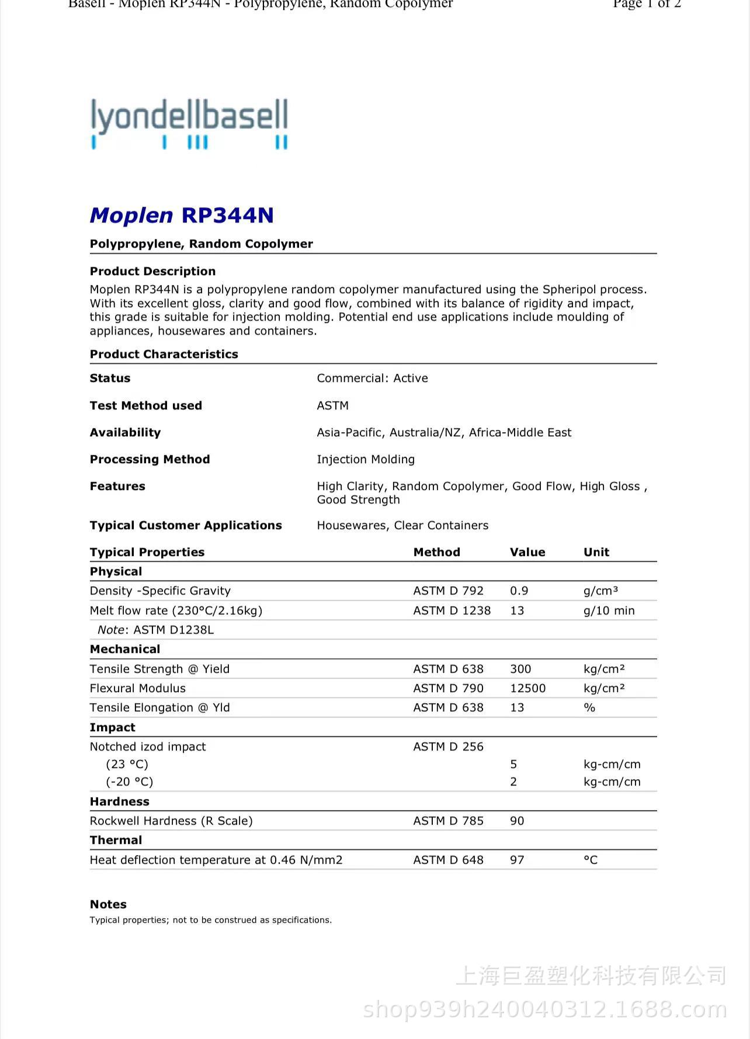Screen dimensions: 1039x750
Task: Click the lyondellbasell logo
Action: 189,123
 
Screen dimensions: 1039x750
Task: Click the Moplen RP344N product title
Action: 182,216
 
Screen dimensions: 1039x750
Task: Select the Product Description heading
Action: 152,271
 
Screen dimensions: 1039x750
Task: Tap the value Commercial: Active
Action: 372,378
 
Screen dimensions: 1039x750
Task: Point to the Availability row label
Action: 125,433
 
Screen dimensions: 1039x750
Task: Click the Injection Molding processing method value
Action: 366,460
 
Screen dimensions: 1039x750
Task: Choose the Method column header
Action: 436,552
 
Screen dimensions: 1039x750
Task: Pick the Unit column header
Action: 596,552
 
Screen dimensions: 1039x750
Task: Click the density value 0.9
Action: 519,591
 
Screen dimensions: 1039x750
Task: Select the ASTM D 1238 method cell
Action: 452,611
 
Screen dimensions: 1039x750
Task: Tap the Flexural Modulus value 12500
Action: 527,689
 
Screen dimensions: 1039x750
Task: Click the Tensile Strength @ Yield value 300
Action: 520,669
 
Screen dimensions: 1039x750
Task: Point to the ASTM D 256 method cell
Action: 448,747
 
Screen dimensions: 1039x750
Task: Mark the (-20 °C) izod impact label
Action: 129,782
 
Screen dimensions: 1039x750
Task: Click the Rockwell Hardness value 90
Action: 517,821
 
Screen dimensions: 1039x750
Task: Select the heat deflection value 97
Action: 517,860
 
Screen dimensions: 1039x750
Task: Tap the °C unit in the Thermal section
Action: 591,860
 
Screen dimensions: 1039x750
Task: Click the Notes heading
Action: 108,905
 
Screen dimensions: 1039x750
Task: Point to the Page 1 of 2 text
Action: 647,5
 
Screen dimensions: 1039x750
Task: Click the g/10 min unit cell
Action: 609,611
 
